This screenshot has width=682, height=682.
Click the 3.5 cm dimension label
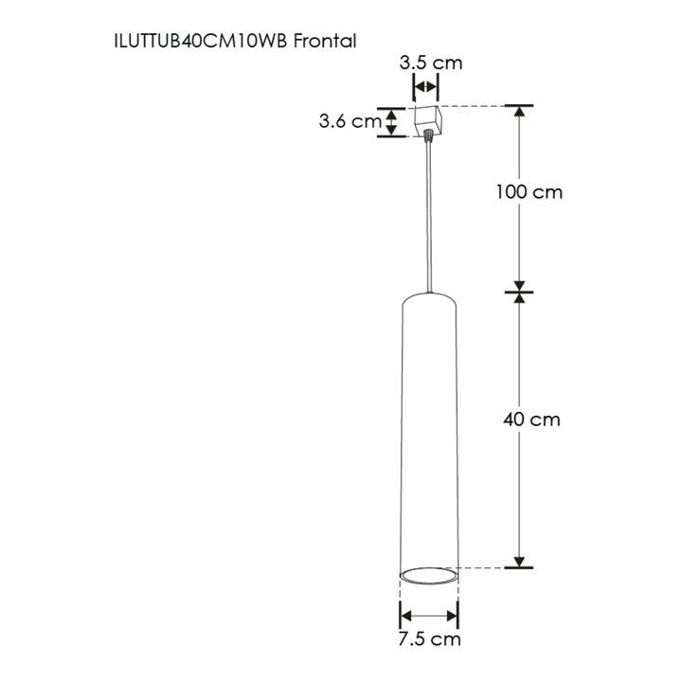[x=431, y=63]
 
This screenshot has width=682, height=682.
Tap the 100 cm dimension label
[x=529, y=192]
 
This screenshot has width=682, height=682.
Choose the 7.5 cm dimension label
[x=429, y=639]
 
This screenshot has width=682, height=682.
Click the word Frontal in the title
[x=325, y=42]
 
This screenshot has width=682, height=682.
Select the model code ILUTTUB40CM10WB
[x=201, y=42]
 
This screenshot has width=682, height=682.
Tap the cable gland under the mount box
[x=431, y=138]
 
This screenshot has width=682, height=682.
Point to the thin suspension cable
[x=431, y=218]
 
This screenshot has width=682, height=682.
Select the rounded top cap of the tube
[x=430, y=301]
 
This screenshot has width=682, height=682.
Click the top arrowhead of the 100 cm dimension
[x=519, y=111]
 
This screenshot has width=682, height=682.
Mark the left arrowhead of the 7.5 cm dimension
[x=405, y=614]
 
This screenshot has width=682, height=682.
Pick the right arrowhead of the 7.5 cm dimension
[x=454, y=614]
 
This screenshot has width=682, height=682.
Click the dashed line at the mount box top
[x=474, y=105]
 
